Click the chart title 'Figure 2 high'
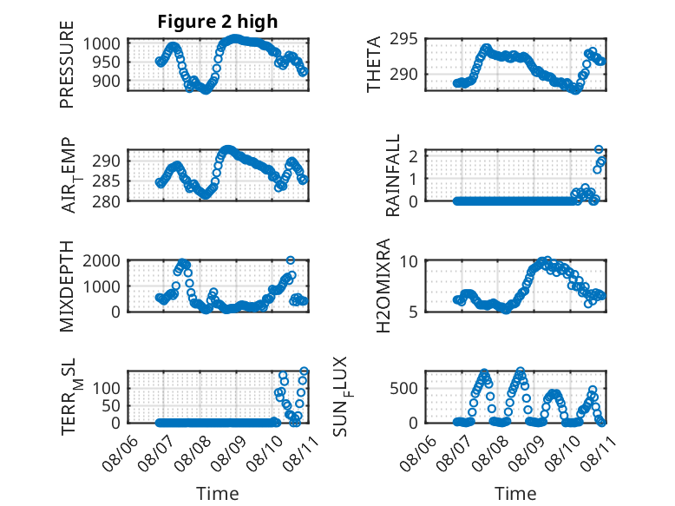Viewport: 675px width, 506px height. pos(218,22)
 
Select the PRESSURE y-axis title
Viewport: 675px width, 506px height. pos(67,64)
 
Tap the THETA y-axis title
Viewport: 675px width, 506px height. pos(374,64)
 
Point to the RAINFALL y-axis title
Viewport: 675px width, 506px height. pos(393,175)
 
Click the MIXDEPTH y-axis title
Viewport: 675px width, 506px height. pos(67,286)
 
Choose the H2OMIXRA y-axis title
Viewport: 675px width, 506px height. pos(383,286)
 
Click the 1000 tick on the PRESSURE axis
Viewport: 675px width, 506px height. pos(102,43)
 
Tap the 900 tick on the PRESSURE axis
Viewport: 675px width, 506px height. pos(106,81)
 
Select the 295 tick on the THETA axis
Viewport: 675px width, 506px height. pos(403,39)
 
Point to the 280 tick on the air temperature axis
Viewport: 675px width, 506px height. pos(106,201)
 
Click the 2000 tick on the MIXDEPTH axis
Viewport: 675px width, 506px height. pos(102,260)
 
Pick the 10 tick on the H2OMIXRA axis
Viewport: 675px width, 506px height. pos(409,261)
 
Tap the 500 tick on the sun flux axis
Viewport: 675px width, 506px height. pos(403,389)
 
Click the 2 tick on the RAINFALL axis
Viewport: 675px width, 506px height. pos(414,156)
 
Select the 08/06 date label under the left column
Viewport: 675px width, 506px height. pos(121,453)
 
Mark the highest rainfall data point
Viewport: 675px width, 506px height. pos(599,149)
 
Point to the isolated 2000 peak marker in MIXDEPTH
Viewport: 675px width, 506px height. pos(291,260)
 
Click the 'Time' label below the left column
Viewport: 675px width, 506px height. pos(218,493)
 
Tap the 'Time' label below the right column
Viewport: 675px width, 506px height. pos(515,493)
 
